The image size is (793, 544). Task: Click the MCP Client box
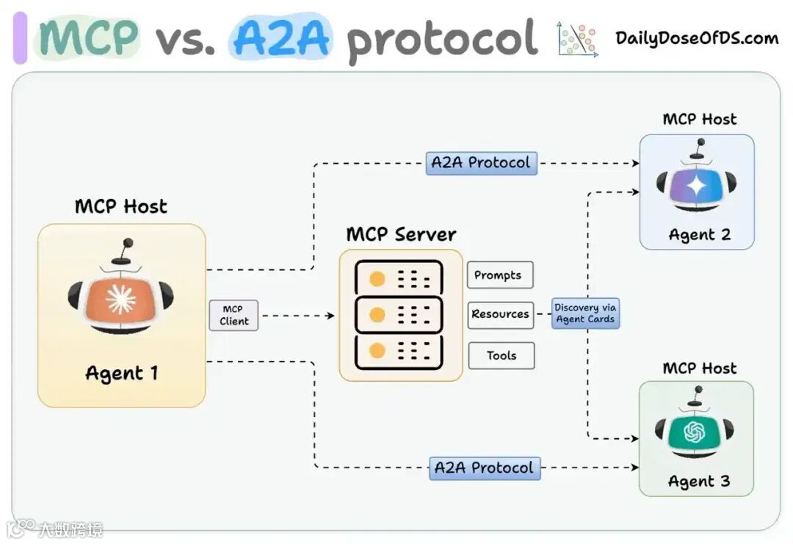point(233,315)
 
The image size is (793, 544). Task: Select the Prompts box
point(499,275)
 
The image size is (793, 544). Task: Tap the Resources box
point(500,314)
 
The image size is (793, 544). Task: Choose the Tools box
point(501,355)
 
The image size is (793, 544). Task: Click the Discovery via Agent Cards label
point(585,313)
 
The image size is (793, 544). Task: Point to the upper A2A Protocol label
point(481,163)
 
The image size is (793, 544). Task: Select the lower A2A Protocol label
point(485,468)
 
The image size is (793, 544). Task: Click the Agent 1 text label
point(121,373)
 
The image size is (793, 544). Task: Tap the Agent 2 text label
point(699,235)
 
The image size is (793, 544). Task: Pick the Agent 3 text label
point(699,482)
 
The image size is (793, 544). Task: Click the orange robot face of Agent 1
point(120,300)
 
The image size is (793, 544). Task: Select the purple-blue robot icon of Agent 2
point(695,186)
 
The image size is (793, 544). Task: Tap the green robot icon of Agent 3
point(694,432)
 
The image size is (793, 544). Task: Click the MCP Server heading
point(401,235)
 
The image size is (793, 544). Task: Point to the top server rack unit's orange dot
point(377,279)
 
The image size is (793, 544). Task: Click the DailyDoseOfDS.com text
point(697,38)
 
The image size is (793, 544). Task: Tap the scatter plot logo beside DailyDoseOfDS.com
point(577,39)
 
